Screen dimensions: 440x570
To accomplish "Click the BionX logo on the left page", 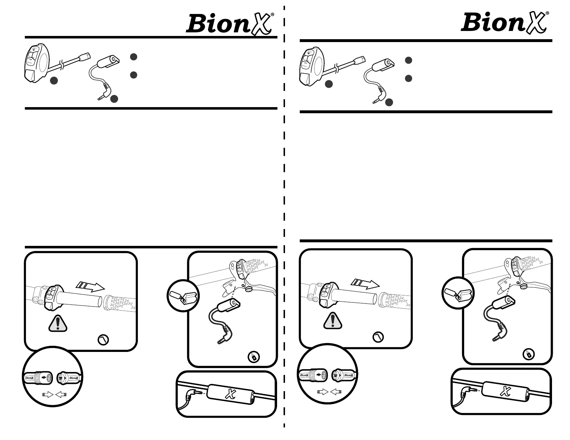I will tap(230, 23).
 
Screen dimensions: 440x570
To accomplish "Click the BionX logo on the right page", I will tap(505, 22).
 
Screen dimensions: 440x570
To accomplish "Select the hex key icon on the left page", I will tap(103, 339).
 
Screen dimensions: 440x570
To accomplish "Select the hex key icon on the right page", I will tap(378, 337).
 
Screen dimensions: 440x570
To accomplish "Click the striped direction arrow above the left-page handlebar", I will tap(90, 287).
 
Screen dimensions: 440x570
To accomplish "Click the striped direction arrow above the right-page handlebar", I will tap(365, 284).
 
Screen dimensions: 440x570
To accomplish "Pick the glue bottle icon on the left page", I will tap(254, 357).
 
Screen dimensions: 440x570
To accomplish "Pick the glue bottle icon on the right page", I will tap(529, 354).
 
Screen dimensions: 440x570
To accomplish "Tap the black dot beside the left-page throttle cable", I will tap(54, 81).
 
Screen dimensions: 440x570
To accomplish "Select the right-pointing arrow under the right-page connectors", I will tap(323, 391).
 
